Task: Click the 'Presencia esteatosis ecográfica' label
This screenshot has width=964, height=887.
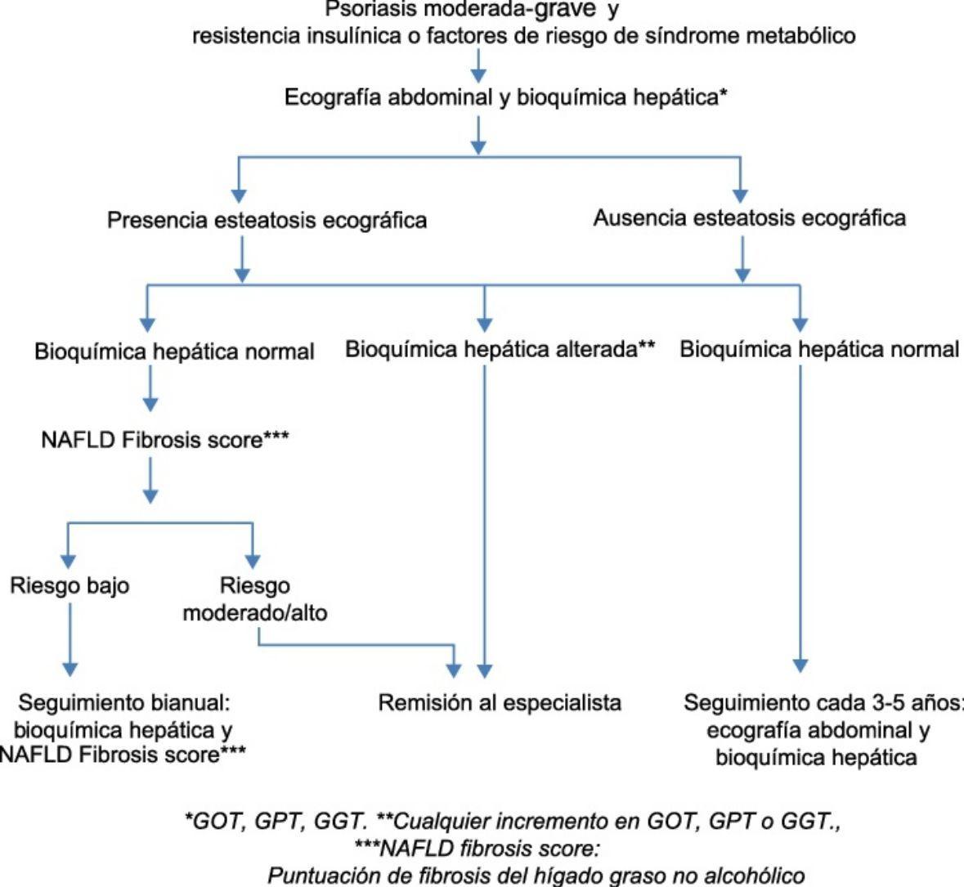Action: [x=267, y=221]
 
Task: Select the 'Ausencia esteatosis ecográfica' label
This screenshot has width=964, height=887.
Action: [x=749, y=219]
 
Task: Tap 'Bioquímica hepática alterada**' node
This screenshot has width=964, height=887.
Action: [x=500, y=350]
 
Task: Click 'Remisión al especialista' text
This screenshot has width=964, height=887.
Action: [x=500, y=702]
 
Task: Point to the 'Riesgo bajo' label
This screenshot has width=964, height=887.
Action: [x=69, y=586]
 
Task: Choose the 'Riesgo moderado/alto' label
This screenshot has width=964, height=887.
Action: [x=254, y=599]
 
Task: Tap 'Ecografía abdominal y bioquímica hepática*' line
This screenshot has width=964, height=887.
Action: [x=506, y=98]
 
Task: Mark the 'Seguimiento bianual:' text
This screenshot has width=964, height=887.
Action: [x=130, y=702]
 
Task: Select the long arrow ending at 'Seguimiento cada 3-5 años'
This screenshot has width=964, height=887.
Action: [x=800, y=523]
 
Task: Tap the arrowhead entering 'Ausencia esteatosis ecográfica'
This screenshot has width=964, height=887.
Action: [x=740, y=195]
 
